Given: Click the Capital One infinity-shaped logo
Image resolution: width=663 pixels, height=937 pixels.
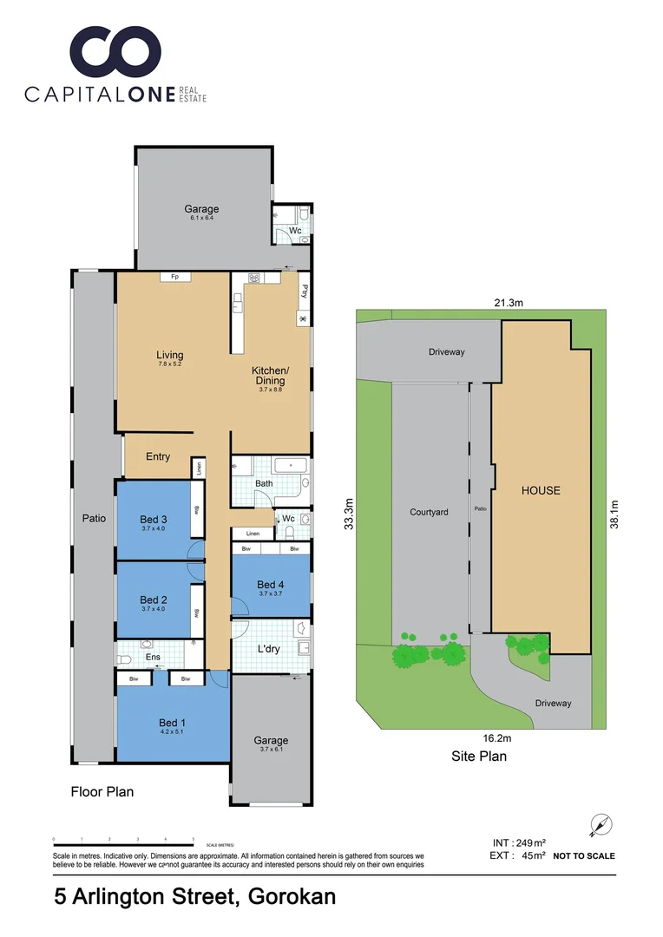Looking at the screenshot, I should pyautogui.click(x=115, y=54).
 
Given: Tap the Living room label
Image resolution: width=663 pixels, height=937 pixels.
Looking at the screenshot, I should pyautogui.click(x=170, y=355).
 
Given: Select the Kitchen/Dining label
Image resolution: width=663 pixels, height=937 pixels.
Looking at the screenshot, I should pyautogui.click(x=270, y=376).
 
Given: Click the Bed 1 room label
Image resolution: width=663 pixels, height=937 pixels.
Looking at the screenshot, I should pyautogui.click(x=172, y=723).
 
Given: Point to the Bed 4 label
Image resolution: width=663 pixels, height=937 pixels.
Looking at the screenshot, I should pyautogui.click(x=271, y=585).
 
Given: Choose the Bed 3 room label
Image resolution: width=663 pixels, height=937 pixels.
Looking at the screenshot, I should pyautogui.click(x=154, y=520).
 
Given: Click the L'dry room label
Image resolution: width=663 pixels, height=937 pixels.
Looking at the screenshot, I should pyautogui.click(x=267, y=648).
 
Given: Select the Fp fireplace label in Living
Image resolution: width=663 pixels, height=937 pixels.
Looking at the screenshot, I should pyautogui.click(x=174, y=277).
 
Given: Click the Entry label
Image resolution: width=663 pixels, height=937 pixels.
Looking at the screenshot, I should pyautogui.click(x=158, y=456).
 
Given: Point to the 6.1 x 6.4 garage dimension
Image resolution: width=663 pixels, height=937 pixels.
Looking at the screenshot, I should pyautogui.click(x=201, y=218).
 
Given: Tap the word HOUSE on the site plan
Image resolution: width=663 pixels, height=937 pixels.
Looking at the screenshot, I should pyautogui.click(x=541, y=490).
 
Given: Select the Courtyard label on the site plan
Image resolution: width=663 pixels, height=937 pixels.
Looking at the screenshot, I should pyautogui.click(x=429, y=512).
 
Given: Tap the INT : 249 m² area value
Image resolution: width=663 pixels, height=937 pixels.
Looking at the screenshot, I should pyautogui.click(x=518, y=842).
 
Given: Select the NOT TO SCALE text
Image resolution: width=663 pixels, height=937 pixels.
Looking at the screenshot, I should pyautogui.click(x=584, y=855).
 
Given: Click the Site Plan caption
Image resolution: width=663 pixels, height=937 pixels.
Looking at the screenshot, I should pyautogui.click(x=479, y=756).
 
